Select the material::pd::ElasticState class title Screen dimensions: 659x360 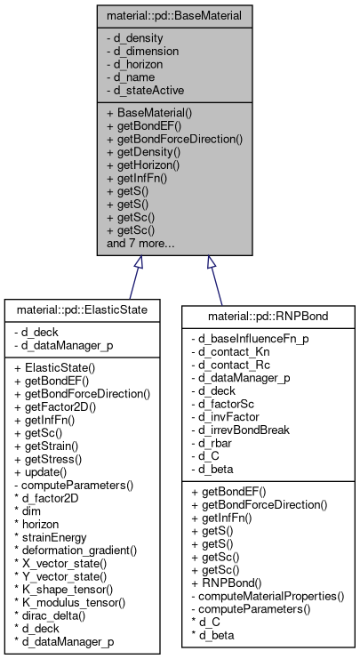pyautogui.click(x=82, y=310)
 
